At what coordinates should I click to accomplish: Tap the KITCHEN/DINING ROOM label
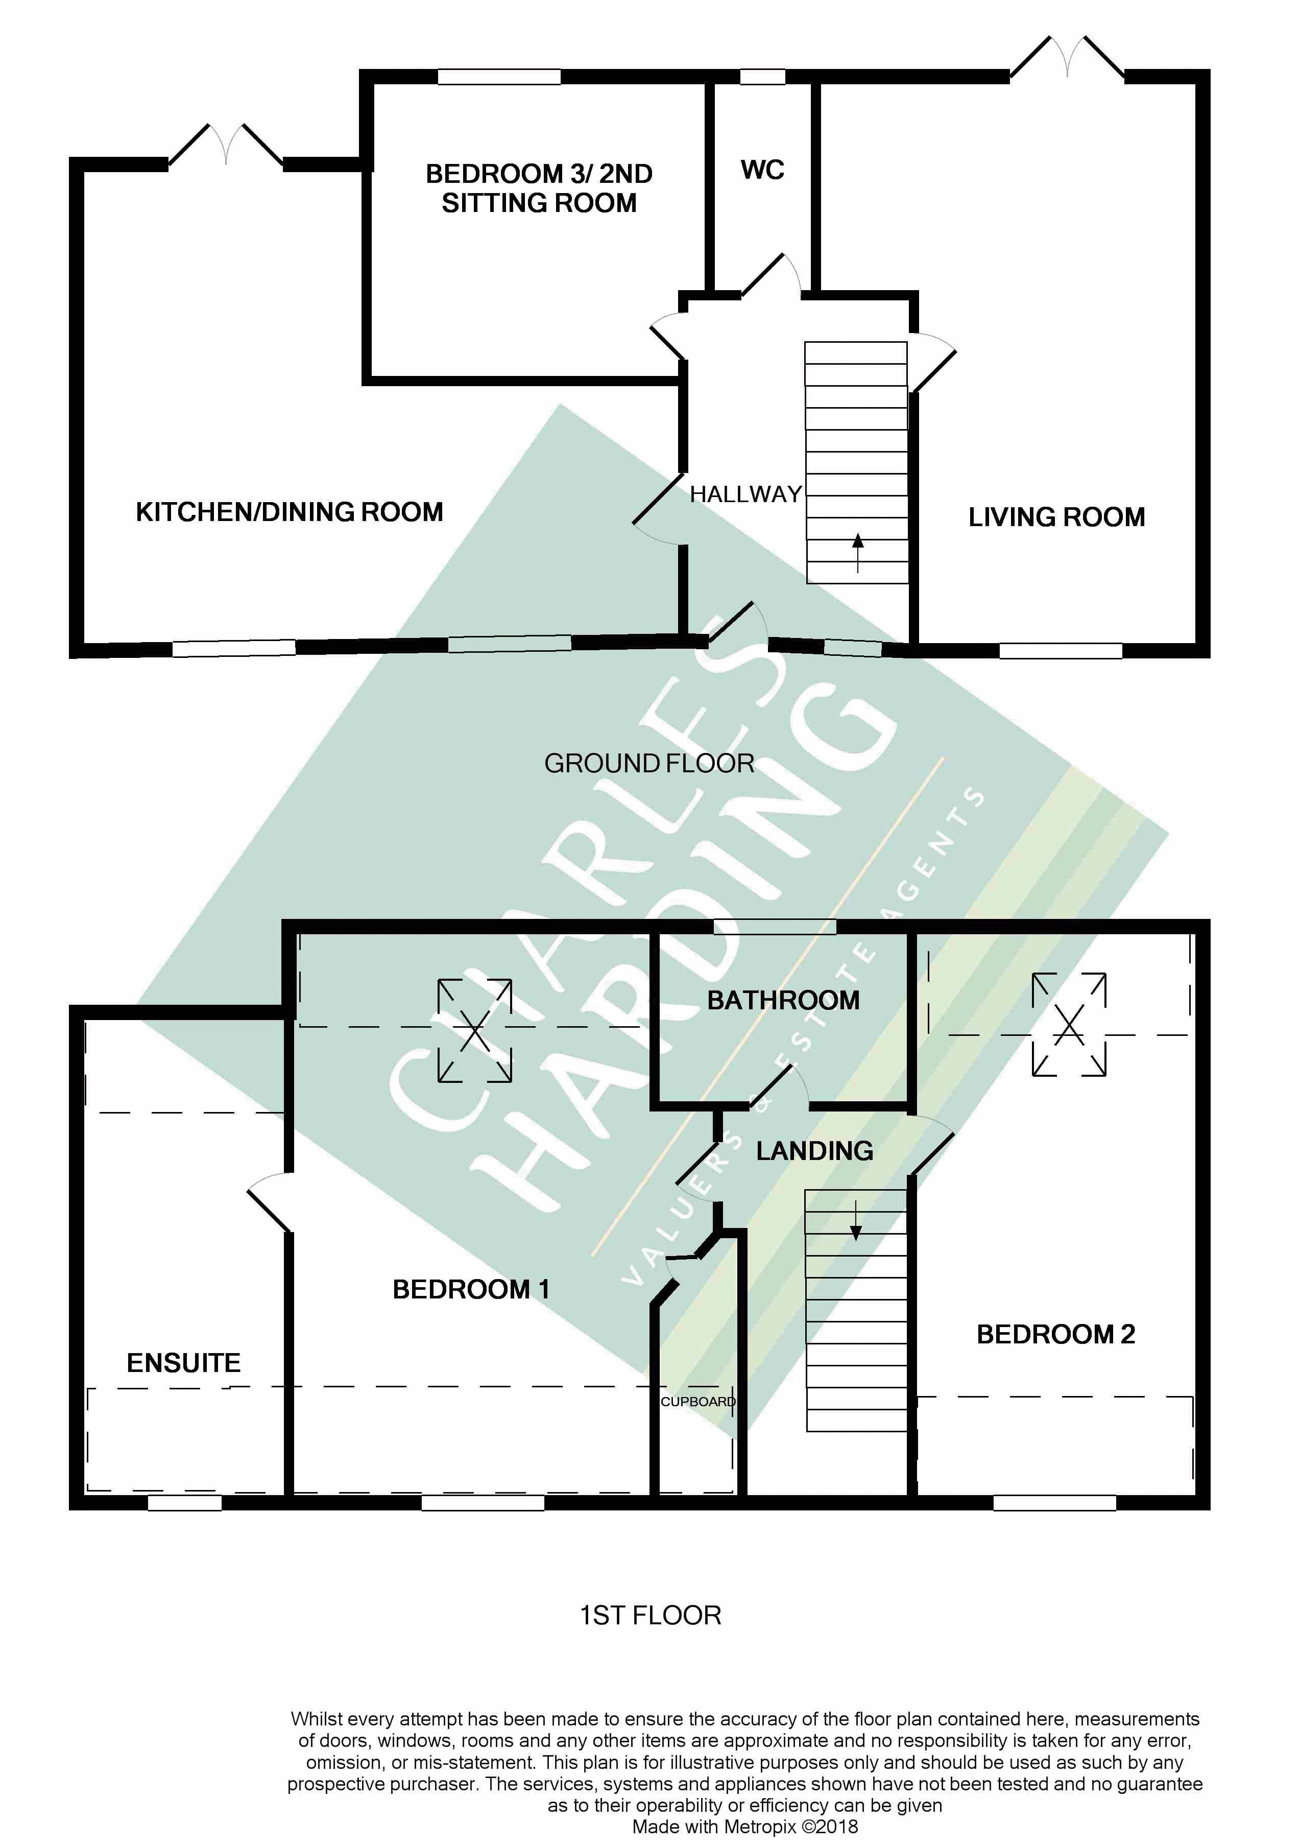click(x=289, y=512)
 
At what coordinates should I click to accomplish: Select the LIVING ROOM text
click(x=1056, y=517)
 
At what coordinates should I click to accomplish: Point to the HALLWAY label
click(x=745, y=494)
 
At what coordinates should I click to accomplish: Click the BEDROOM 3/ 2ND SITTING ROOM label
click(x=539, y=188)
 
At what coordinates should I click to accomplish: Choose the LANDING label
click(x=815, y=1151)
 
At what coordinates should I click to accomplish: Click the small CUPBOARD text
click(x=697, y=1402)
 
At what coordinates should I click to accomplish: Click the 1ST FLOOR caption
click(x=651, y=1615)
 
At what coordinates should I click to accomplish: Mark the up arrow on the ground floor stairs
click(x=858, y=552)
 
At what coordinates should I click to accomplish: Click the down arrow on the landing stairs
click(x=856, y=1221)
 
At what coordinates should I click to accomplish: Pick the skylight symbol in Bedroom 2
click(x=1069, y=1025)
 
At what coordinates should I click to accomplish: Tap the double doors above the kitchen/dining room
click(x=226, y=145)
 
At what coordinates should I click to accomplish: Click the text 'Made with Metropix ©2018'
click(x=745, y=1827)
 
